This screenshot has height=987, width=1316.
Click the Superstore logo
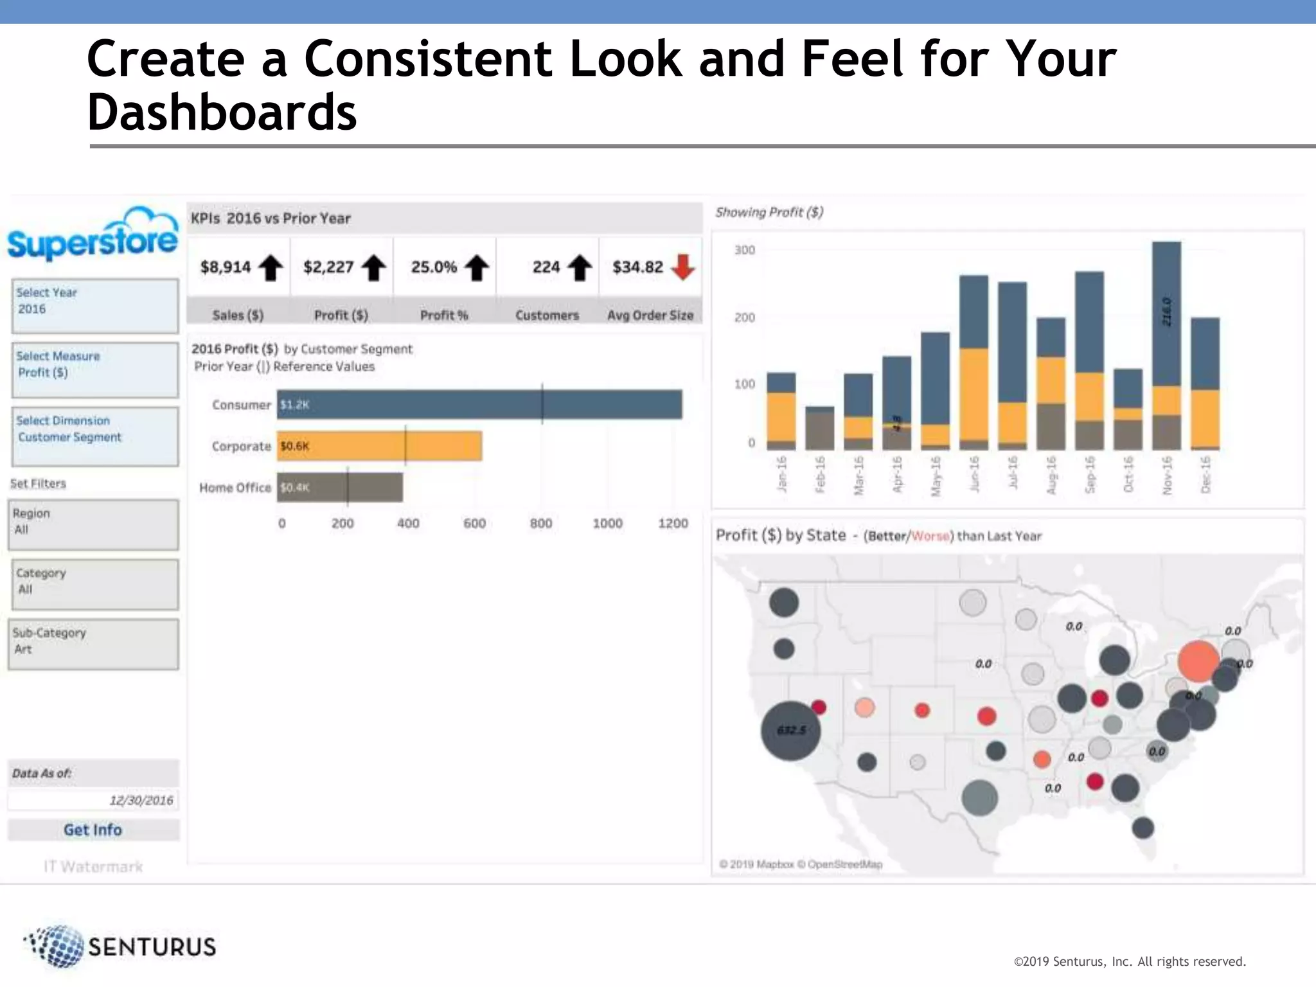(x=93, y=235)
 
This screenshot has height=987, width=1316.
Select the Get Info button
(x=93, y=830)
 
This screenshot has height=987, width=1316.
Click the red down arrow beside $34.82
(x=683, y=267)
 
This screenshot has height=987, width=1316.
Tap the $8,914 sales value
(x=226, y=267)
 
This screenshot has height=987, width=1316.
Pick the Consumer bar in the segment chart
(x=479, y=404)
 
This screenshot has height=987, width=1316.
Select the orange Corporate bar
(x=379, y=446)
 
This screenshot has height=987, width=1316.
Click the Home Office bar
(x=340, y=487)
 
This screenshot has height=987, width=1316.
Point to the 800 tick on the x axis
(x=541, y=523)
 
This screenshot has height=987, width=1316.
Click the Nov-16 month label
(x=1167, y=476)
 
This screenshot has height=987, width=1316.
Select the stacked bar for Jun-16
(x=974, y=362)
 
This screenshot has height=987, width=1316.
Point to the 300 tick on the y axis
(x=745, y=250)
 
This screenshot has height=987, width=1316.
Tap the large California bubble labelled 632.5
(x=790, y=731)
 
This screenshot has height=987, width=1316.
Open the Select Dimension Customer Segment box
(x=95, y=436)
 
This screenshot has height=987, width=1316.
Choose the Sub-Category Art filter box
(x=93, y=644)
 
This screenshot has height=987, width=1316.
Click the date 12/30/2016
(x=141, y=800)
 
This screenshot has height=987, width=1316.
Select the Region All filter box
(x=93, y=524)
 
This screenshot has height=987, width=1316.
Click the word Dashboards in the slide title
(x=222, y=112)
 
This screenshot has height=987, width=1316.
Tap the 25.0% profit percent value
(x=434, y=267)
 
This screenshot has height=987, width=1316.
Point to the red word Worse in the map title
(x=930, y=536)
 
